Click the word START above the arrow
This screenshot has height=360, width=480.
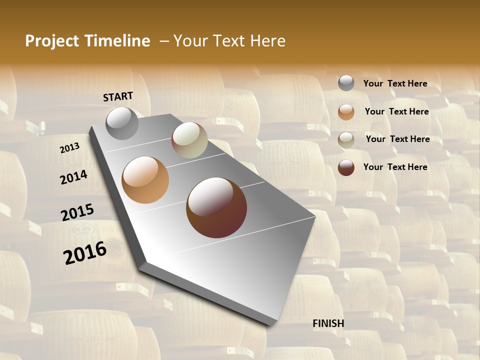pyautogui.click(x=118, y=96)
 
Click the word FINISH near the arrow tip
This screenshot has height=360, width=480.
pyautogui.click(x=328, y=323)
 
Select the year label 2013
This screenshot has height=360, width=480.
pyautogui.click(x=69, y=148)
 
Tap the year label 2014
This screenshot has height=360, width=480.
pyautogui.click(x=73, y=177)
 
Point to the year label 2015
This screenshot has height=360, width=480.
pyautogui.click(x=77, y=212)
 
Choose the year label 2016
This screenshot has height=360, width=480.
pyautogui.click(x=85, y=252)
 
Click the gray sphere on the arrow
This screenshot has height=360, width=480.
pyautogui.click(x=122, y=123)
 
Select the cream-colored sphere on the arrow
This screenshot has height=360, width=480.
pyautogui.click(x=189, y=140)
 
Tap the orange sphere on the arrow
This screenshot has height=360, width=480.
pyautogui.click(x=145, y=180)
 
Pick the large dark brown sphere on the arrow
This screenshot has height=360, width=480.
pyautogui.click(x=216, y=207)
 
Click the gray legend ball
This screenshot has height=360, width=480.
pyautogui.click(x=346, y=83)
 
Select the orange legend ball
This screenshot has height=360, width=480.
pyautogui.click(x=346, y=112)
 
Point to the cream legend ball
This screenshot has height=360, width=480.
pyautogui.click(x=346, y=140)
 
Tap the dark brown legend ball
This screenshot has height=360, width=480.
pyautogui.click(x=346, y=167)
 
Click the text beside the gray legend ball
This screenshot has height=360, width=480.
pyautogui.click(x=395, y=83)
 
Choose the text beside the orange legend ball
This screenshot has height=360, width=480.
pyautogui.click(x=396, y=111)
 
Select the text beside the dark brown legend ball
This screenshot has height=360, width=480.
pyautogui.click(x=395, y=167)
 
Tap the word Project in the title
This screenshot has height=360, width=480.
pyautogui.click(x=50, y=41)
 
